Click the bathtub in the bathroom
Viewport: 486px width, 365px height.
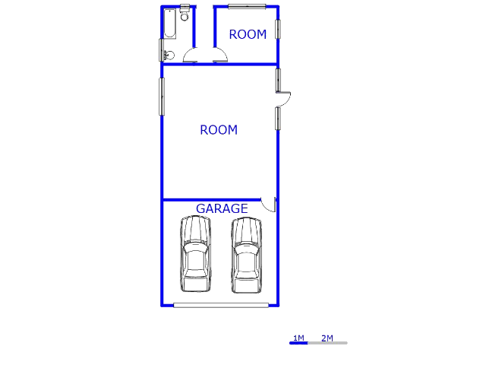click(x=170, y=24)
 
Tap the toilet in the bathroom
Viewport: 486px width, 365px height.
click(x=185, y=13)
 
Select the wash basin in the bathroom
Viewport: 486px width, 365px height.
click(x=169, y=56)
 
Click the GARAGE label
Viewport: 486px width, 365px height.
click(x=222, y=208)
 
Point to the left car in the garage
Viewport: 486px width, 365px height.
click(x=195, y=254)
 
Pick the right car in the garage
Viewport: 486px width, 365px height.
click(x=246, y=255)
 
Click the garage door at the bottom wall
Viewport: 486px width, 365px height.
click(x=221, y=306)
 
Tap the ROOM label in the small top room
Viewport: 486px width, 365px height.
click(x=248, y=34)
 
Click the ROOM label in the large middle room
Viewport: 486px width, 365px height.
click(x=219, y=130)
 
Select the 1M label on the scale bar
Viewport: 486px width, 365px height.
click(x=298, y=338)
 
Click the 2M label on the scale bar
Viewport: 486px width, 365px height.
click(x=327, y=338)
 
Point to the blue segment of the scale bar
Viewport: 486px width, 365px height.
click(x=298, y=343)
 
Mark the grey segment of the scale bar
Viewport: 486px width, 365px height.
click(x=327, y=343)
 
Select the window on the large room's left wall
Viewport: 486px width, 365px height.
click(x=162, y=97)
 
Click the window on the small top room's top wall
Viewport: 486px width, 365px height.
click(x=247, y=7)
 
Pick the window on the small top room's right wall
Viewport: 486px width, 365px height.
click(x=278, y=29)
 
